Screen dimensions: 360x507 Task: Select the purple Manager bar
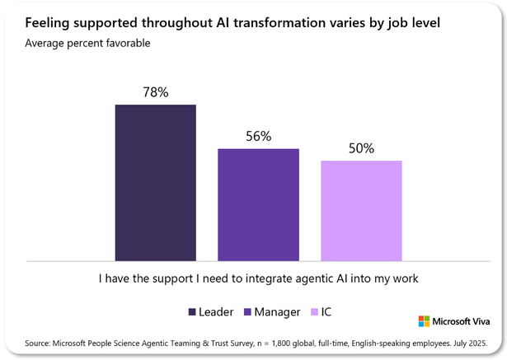tap(258, 204)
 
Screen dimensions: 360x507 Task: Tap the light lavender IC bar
tap(361, 210)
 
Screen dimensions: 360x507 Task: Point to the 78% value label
tap(155, 92)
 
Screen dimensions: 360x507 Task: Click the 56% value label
tap(258, 137)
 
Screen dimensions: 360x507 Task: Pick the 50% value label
tap(361, 148)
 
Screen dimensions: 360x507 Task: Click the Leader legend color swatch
tap(192, 312)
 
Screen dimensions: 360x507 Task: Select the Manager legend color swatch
tap(249, 312)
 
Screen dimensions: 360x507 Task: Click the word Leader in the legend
tap(217, 312)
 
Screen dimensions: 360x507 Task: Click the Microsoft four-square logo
tap(424, 320)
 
